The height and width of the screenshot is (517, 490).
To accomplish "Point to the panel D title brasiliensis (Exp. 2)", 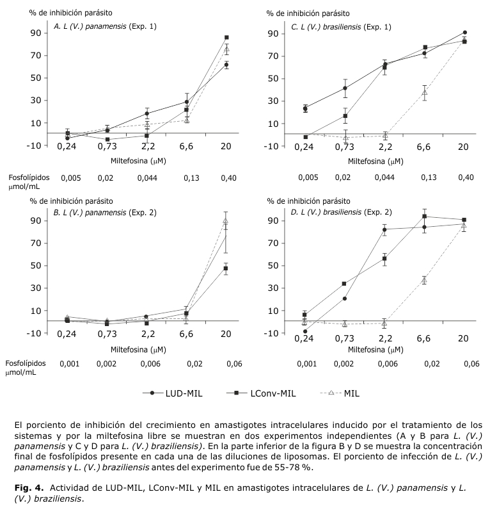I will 342,212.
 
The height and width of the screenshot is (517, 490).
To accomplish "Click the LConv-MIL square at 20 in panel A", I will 226,37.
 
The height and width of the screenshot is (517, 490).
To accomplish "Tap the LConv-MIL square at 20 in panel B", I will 226,268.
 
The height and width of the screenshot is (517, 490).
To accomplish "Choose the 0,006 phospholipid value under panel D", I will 386,363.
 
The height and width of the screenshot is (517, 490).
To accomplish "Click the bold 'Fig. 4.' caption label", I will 29,488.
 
